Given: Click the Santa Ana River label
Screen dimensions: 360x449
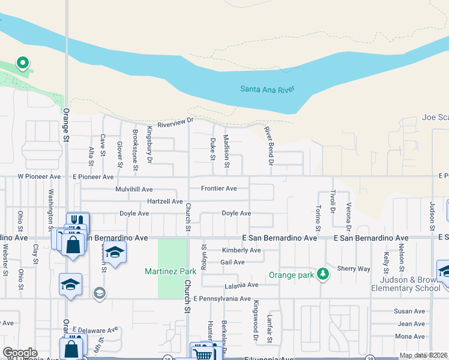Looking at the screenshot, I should (x=267, y=89).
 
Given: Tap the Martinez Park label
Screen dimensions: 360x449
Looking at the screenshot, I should (x=170, y=272).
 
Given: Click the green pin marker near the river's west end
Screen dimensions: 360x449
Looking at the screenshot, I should (x=22, y=62).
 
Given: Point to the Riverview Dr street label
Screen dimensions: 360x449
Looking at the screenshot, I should (x=176, y=123).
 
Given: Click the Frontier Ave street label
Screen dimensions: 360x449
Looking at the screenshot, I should (x=218, y=188).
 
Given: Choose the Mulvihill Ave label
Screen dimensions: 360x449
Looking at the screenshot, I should (x=134, y=189).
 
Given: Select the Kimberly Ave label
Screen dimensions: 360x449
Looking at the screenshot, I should (x=241, y=250).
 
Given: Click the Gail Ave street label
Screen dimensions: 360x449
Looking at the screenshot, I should (x=232, y=262).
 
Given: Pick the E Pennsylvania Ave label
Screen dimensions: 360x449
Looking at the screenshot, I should (x=221, y=298).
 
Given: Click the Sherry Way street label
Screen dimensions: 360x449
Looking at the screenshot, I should (x=354, y=269).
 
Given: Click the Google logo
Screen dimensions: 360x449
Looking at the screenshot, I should (x=20, y=353).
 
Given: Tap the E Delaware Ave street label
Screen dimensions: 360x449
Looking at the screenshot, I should (x=95, y=330).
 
